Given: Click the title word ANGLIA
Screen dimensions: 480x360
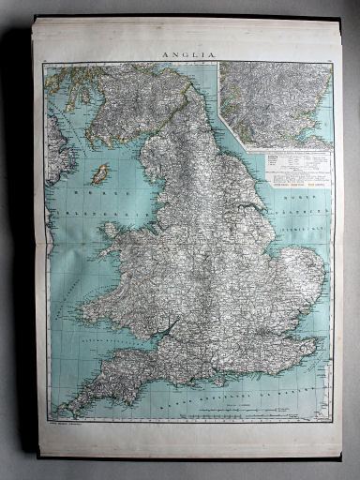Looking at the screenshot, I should [191, 54].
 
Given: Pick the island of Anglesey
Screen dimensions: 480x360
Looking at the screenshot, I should [111, 229].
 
